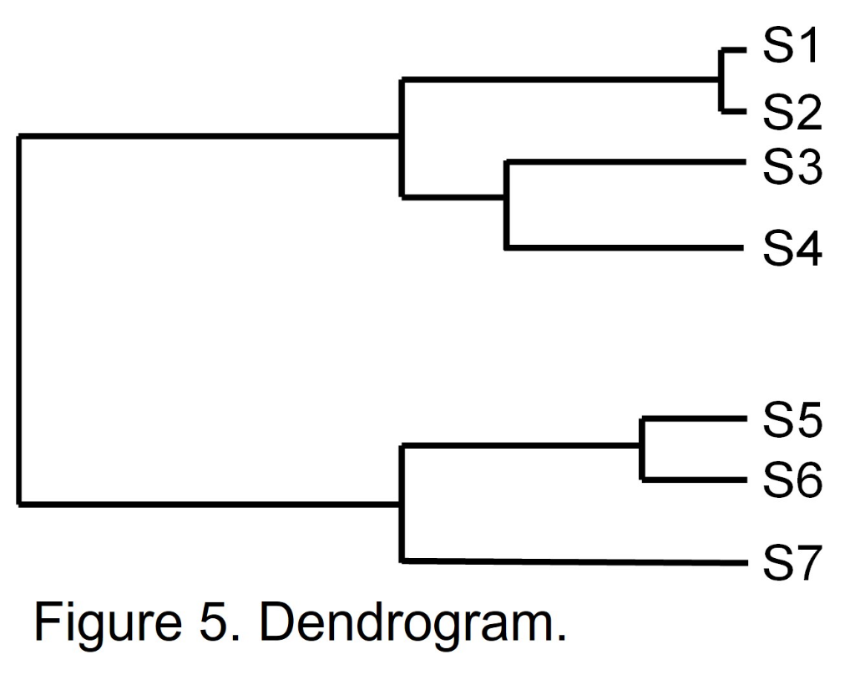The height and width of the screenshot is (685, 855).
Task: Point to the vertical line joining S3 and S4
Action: click(507, 204)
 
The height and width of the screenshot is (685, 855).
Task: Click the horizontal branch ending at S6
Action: click(692, 479)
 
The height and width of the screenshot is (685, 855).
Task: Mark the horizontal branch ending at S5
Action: click(692, 419)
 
